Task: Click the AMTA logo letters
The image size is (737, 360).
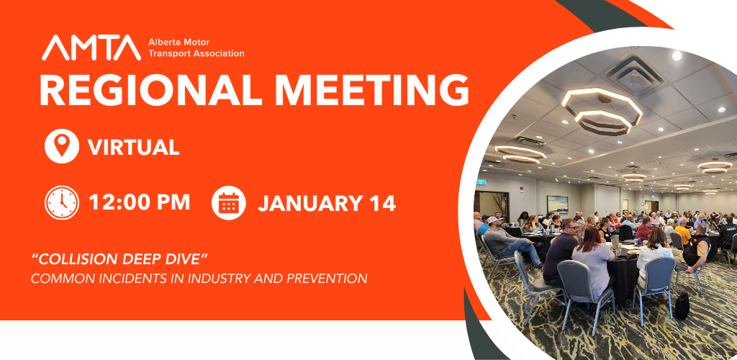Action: [x=91, y=48]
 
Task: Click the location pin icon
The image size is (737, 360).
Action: [x=62, y=146]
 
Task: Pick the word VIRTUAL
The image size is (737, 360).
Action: [x=133, y=147]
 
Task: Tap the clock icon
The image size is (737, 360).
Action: [x=62, y=202]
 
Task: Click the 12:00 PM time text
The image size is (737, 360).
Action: [x=139, y=202]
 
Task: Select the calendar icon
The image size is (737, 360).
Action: [x=228, y=202]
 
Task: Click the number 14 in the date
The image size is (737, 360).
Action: [x=381, y=203]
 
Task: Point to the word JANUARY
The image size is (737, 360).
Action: [x=310, y=203]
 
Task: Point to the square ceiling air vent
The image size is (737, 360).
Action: [x=635, y=73]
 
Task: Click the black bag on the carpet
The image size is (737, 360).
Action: [x=682, y=305]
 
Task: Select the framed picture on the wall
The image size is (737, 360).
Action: [x=557, y=204]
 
